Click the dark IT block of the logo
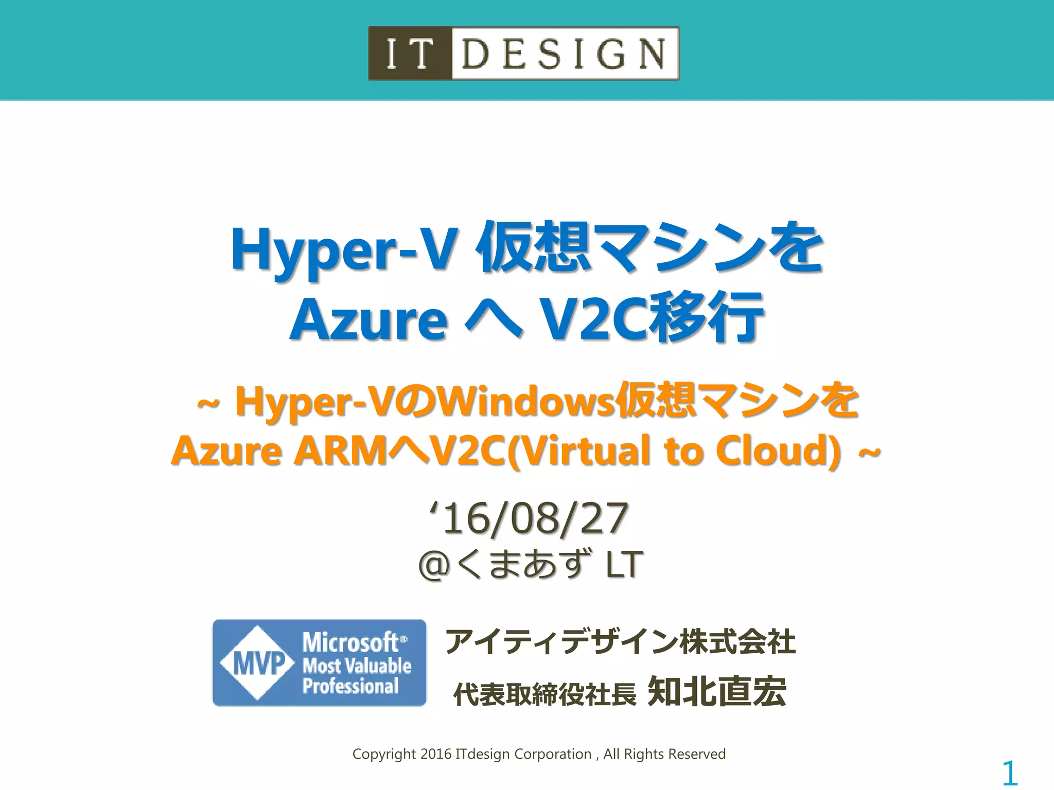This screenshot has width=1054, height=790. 410,53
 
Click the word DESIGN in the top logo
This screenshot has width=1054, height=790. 564,53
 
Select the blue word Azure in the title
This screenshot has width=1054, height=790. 368,320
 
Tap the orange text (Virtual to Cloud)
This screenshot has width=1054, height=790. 675,451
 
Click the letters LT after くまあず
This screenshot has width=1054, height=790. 624,565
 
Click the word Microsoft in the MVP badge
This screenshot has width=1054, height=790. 351,642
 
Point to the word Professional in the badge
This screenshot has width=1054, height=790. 350,687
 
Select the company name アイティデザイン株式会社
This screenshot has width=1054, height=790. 620,642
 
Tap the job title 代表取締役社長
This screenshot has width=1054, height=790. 544,694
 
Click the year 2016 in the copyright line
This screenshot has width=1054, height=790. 435,754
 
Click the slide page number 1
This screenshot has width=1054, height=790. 1010,773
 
